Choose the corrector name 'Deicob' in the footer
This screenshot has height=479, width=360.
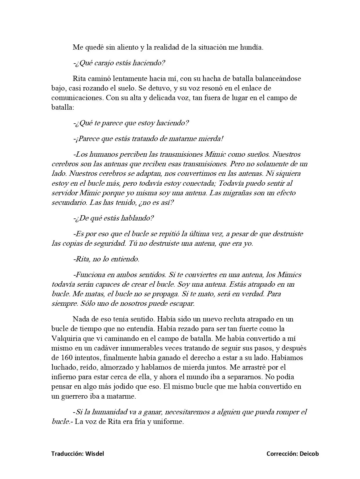309,454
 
